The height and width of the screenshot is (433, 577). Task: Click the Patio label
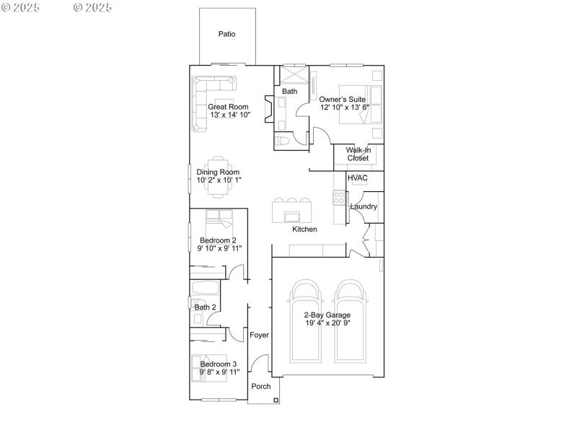pyautogui.click(x=226, y=34)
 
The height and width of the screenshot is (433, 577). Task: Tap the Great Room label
pyautogui.click(x=228, y=107)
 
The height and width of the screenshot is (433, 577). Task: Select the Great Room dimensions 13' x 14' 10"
pyautogui.click(x=230, y=115)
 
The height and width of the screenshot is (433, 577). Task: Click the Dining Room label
pyautogui.click(x=219, y=172)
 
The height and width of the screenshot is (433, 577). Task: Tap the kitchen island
pyautogui.click(x=291, y=214)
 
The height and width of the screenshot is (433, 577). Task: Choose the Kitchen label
pyautogui.click(x=304, y=229)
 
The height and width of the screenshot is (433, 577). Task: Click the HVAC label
pyautogui.click(x=358, y=178)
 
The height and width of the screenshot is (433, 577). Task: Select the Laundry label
pyautogui.click(x=364, y=207)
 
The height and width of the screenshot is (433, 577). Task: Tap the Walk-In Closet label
pyautogui.click(x=358, y=154)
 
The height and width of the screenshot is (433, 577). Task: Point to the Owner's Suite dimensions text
pyautogui.click(x=345, y=108)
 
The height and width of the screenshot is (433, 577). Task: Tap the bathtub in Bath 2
pyautogui.click(x=205, y=289)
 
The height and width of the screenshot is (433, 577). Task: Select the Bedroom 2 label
pyautogui.click(x=218, y=240)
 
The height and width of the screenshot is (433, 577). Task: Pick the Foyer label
pyautogui.click(x=259, y=336)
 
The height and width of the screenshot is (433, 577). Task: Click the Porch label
pyautogui.click(x=261, y=387)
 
